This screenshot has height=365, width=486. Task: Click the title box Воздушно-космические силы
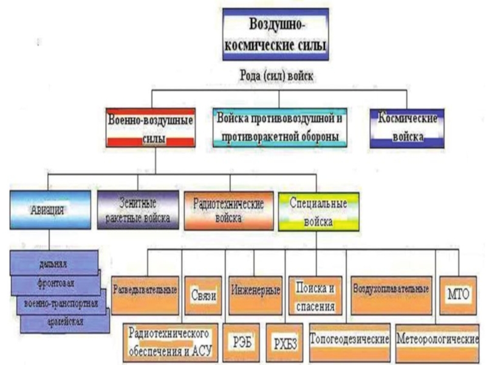[277, 34]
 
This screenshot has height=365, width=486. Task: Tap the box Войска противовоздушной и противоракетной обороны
[279, 126]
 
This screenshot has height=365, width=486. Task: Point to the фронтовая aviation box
[57, 283]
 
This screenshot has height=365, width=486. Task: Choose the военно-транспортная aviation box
[61, 302]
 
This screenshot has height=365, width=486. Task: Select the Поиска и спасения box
[315, 294]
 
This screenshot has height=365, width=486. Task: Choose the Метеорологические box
[437, 338]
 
